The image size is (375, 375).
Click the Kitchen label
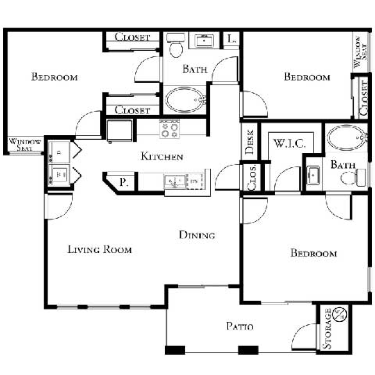(162, 157)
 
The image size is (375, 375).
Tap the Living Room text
(99, 250)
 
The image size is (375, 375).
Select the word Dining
(197, 234)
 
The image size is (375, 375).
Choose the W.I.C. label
(291, 145)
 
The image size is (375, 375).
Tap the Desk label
(250, 141)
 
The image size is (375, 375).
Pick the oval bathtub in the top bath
(185, 100)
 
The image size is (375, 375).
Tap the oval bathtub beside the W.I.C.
(344, 139)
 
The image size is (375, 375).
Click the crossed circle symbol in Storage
(339, 315)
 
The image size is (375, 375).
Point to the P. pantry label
(123, 184)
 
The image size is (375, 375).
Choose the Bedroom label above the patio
(313, 254)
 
